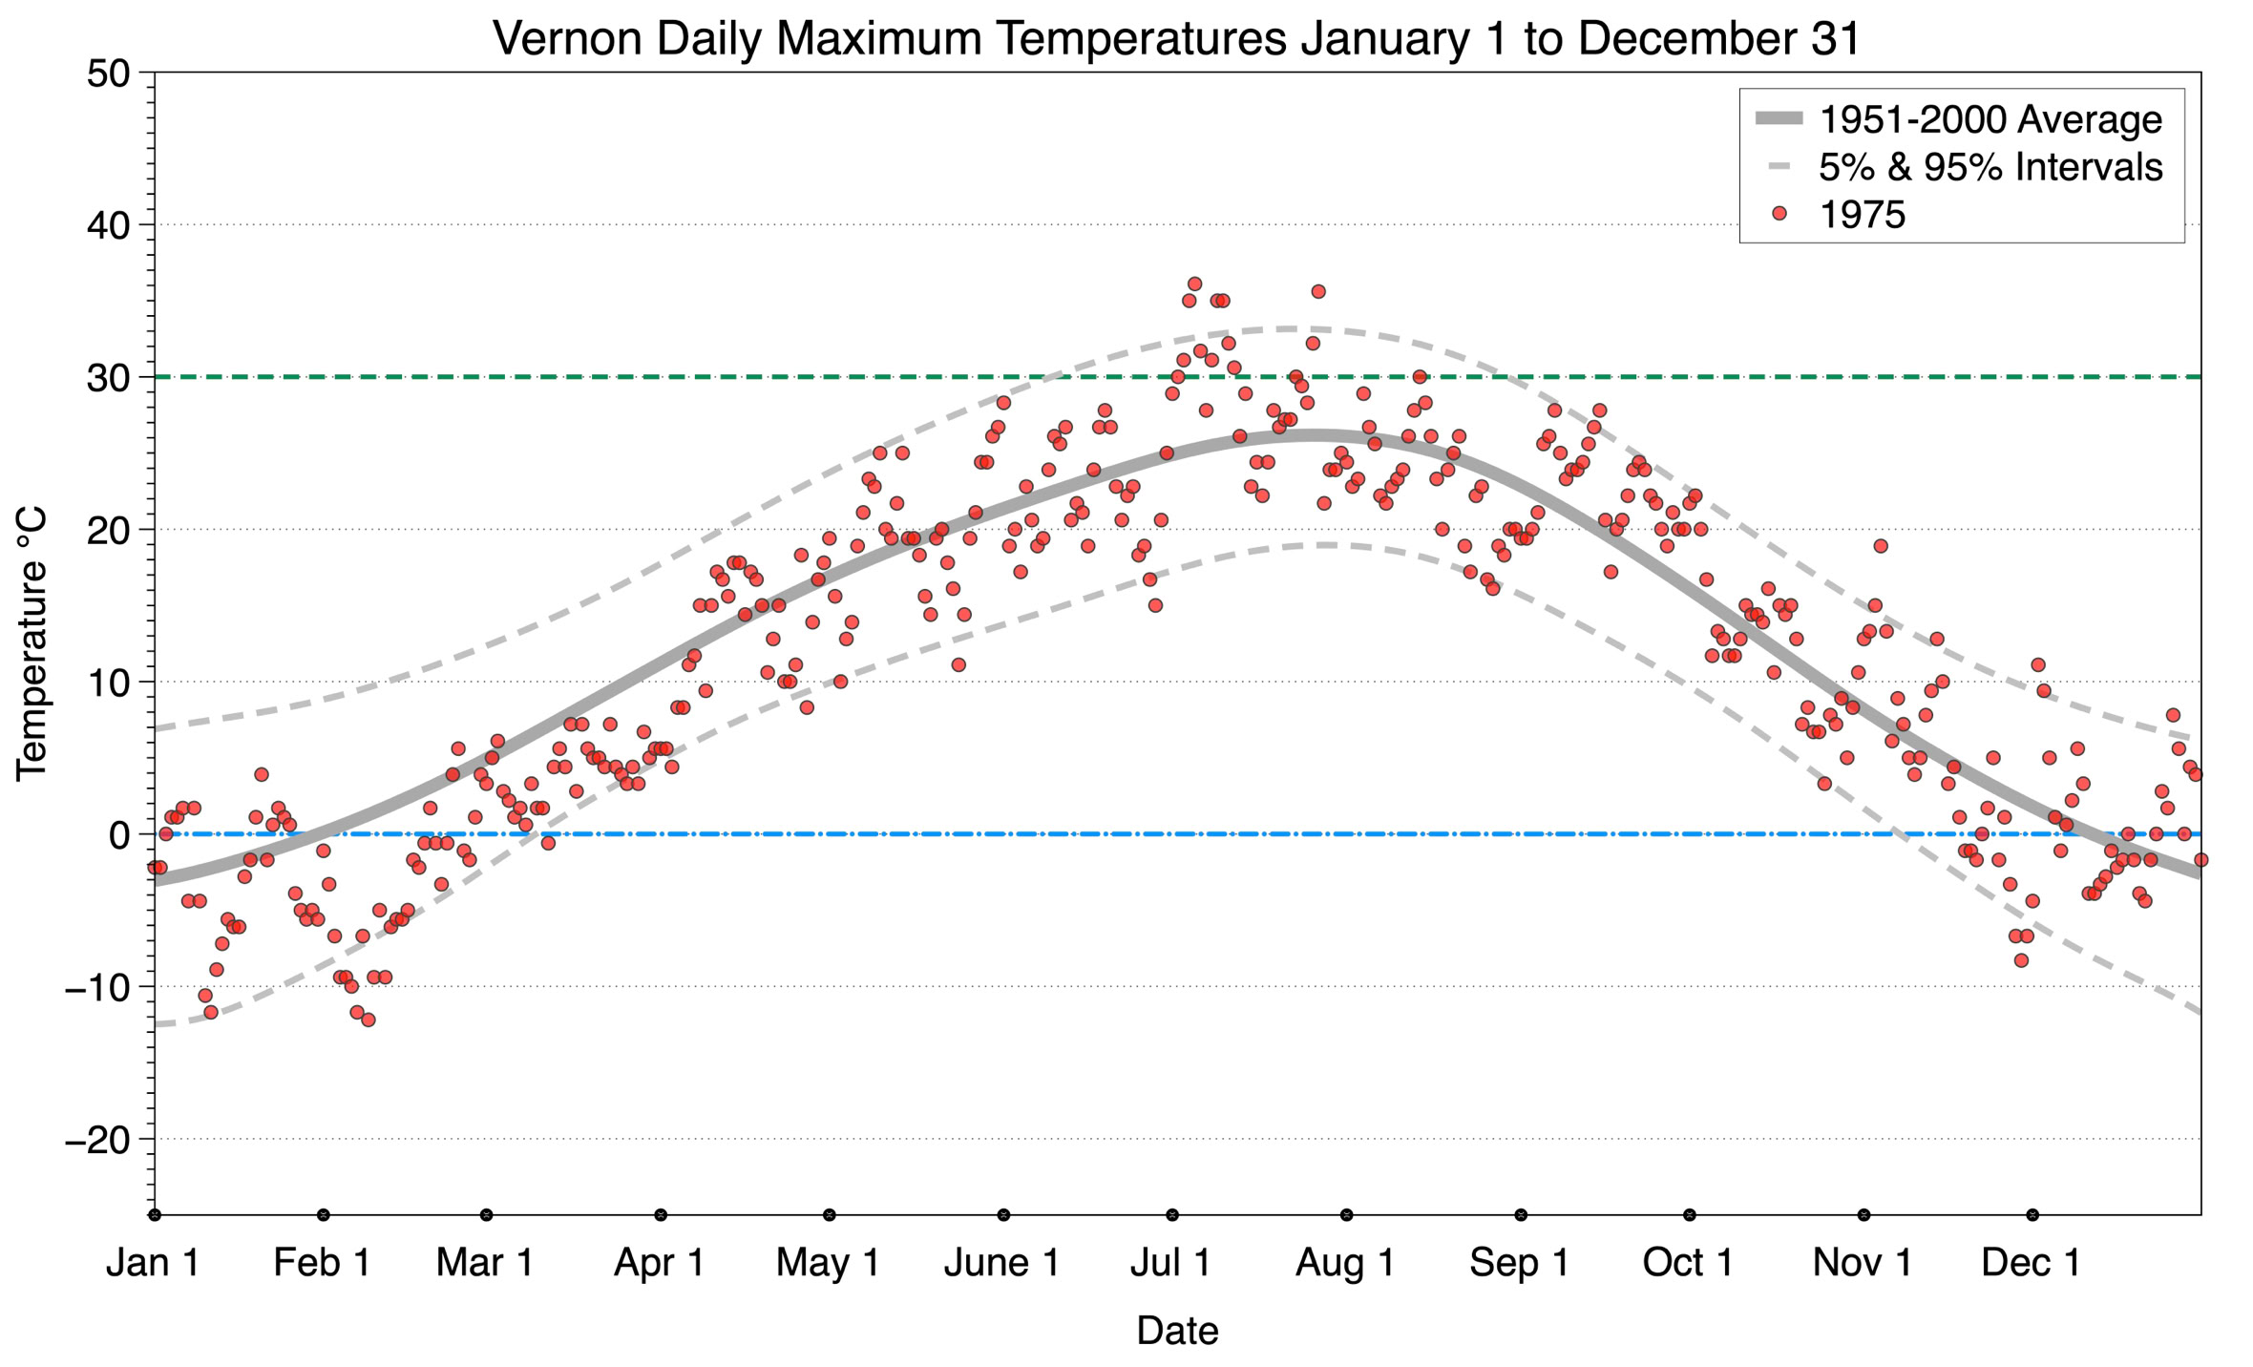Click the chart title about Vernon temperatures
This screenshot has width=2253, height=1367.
[1176, 38]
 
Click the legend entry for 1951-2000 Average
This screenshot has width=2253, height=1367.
[1990, 119]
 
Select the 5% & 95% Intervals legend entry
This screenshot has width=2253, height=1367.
[1990, 167]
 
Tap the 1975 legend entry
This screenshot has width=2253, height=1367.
[1862, 215]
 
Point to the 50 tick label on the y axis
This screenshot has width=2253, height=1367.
[108, 74]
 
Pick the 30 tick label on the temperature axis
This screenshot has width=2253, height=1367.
[108, 378]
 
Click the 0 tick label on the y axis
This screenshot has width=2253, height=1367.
[119, 835]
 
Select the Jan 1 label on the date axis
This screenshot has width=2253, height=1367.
[153, 1263]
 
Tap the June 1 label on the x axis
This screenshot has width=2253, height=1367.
[1001, 1263]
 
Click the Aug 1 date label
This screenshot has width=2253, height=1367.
[1344, 1263]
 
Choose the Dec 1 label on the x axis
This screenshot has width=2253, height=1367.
[2031, 1263]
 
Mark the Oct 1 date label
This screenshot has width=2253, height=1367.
[1688, 1263]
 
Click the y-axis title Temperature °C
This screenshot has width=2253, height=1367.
[32, 643]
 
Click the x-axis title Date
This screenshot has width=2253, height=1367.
[1176, 1331]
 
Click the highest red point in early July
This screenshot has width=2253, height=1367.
[1194, 284]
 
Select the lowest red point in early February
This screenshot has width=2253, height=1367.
[368, 1020]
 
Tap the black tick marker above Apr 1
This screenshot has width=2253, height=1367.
[661, 1215]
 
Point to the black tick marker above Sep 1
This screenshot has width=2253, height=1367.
[1521, 1215]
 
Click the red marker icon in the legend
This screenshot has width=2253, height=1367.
[1779, 215]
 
